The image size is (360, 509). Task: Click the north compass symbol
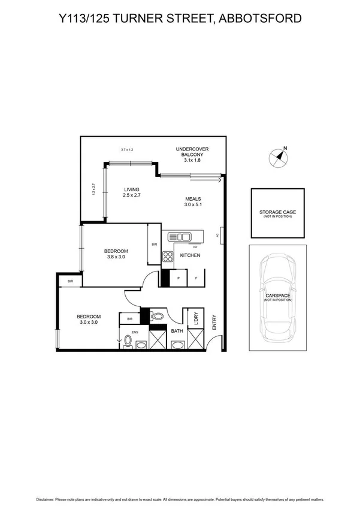[x=279, y=157]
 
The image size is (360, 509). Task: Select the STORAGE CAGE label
[x=277, y=213]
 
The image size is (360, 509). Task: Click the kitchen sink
[x=179, y=237]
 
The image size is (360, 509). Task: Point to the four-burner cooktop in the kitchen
[x=167, y=257]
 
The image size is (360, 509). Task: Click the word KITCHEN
[x=190, y=256]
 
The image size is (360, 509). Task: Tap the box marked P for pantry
[x=178, y=278]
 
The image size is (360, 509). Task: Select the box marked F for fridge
[x=196, y=278]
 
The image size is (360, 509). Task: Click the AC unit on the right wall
[x=222, y=236]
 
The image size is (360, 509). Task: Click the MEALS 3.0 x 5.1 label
[x=193, y=202]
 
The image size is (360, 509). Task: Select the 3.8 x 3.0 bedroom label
[x=116, y=254]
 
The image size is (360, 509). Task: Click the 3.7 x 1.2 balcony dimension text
[x=126, y=149]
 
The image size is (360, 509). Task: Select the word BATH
[x=177, y=330]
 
